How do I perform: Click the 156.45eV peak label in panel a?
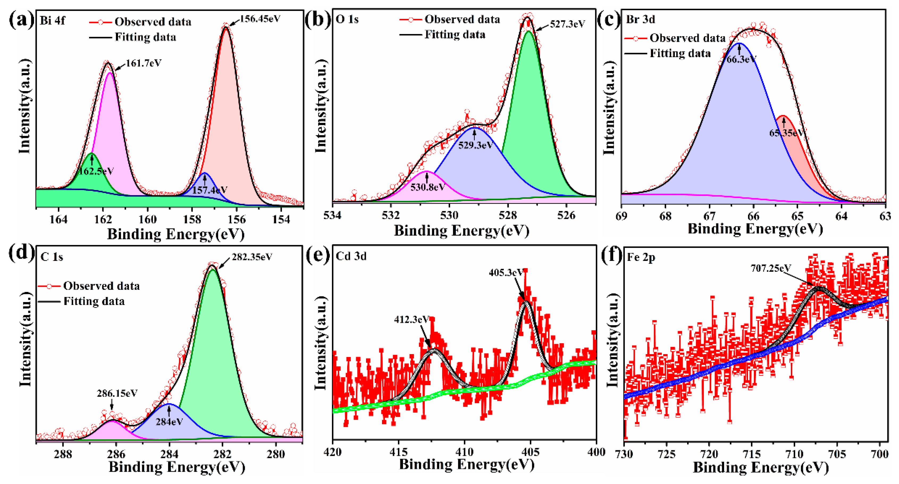[260, 19]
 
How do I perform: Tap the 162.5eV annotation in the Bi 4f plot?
[96, 171]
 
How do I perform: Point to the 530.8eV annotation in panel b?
[427, 187]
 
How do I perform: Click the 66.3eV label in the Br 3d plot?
[741, 59]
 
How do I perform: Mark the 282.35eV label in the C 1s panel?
[252, 257]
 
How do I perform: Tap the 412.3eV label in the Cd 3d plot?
[411, 319]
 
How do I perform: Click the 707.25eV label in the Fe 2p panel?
[771, 268]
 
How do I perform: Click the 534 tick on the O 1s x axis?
[333, 215]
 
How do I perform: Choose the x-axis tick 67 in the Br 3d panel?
[709, 216]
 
